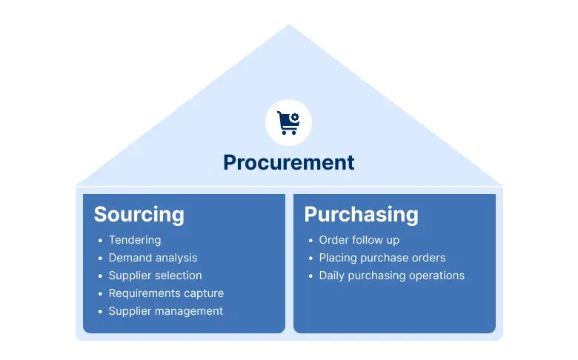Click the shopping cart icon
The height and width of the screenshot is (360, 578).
(288, 122)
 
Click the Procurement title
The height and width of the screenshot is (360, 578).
(288, 162)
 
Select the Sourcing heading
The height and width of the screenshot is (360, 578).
(139, 215)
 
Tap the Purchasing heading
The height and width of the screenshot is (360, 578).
(361, 215)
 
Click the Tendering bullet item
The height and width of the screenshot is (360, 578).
(134, 240)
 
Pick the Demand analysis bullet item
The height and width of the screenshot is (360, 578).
(153, 258)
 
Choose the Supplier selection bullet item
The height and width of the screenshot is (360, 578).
(155, 276)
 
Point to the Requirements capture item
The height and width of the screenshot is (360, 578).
(166, 293)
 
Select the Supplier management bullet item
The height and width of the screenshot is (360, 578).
(165, 311)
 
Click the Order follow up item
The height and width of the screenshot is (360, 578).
(359, 240)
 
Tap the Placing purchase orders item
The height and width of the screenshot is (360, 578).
(382, 258)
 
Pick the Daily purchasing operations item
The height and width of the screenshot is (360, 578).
(391, 276)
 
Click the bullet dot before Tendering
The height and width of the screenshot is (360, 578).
(100, 241)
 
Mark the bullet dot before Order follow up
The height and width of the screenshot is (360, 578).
(310, 241)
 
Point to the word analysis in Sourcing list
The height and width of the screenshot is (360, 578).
(176, 258)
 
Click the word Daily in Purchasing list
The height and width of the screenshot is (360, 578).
(332, 276)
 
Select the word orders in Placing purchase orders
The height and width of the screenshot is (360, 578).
(429, 258)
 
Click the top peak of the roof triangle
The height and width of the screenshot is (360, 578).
(288, 27)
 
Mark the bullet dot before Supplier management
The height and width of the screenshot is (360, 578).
(100, 312)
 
